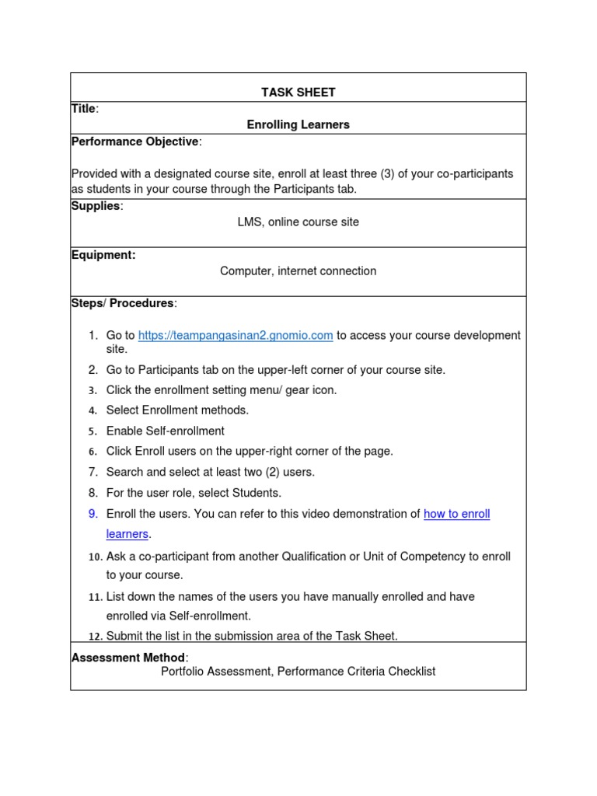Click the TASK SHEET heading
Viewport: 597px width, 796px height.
click(x=298, y=93)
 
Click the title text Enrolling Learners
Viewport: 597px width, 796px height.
click(x=298, y=124)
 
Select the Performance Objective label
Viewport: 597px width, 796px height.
click(x=135, y=141)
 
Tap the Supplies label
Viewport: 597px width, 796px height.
click(x=96, y=206)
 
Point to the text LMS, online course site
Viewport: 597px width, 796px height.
click(x=298, y=222)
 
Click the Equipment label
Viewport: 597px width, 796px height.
click(x=103, y=255)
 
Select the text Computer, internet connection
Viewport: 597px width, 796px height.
click(x=298, y=271)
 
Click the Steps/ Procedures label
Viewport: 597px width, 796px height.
click(x=123, y=303)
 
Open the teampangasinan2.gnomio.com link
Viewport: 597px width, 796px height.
click(x=236, y=335)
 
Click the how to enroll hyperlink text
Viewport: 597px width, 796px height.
click(x=456, y=514)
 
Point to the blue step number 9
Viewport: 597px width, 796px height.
click(x=93, y=514)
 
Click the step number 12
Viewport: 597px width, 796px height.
click(x=95, y=637)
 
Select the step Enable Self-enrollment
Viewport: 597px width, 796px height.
click(x=165, y=431)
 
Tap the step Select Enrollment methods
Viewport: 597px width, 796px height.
click(x=177, y=410)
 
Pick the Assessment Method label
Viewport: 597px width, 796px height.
click(x=128, y=658)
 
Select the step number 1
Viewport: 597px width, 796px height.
click(x=93, y=335)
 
